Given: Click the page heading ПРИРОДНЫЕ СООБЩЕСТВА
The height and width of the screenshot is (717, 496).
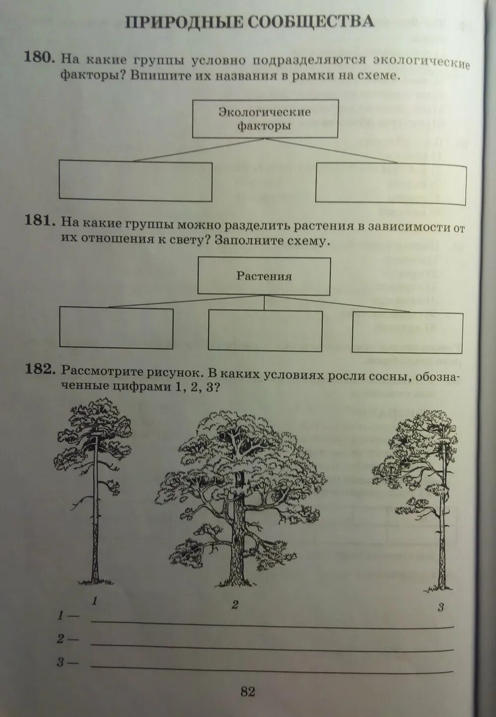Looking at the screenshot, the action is pos(249,23).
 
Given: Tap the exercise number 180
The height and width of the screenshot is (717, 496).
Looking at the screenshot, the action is pos(39,58).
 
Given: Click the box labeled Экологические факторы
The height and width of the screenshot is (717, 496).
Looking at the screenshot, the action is pos(265,119).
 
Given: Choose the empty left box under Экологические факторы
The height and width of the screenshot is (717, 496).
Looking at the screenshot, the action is pos(135,181).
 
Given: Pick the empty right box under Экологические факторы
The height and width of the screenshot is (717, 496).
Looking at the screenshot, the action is pos(391,184).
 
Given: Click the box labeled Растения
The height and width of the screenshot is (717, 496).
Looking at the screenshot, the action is pos(264,276).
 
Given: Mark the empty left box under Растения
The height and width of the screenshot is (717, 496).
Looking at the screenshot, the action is pos(116,328).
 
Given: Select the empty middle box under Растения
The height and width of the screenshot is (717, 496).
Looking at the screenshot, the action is pos(265,330).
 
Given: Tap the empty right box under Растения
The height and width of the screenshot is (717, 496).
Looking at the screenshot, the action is pos(407,332).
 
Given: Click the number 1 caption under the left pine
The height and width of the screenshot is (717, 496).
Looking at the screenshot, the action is pos(94,601).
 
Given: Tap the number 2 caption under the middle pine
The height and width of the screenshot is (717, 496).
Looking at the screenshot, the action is pos(235,604).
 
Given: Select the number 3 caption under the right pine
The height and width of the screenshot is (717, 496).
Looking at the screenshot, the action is pos(440,607).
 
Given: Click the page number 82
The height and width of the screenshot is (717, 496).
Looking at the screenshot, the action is pos(248,691).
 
